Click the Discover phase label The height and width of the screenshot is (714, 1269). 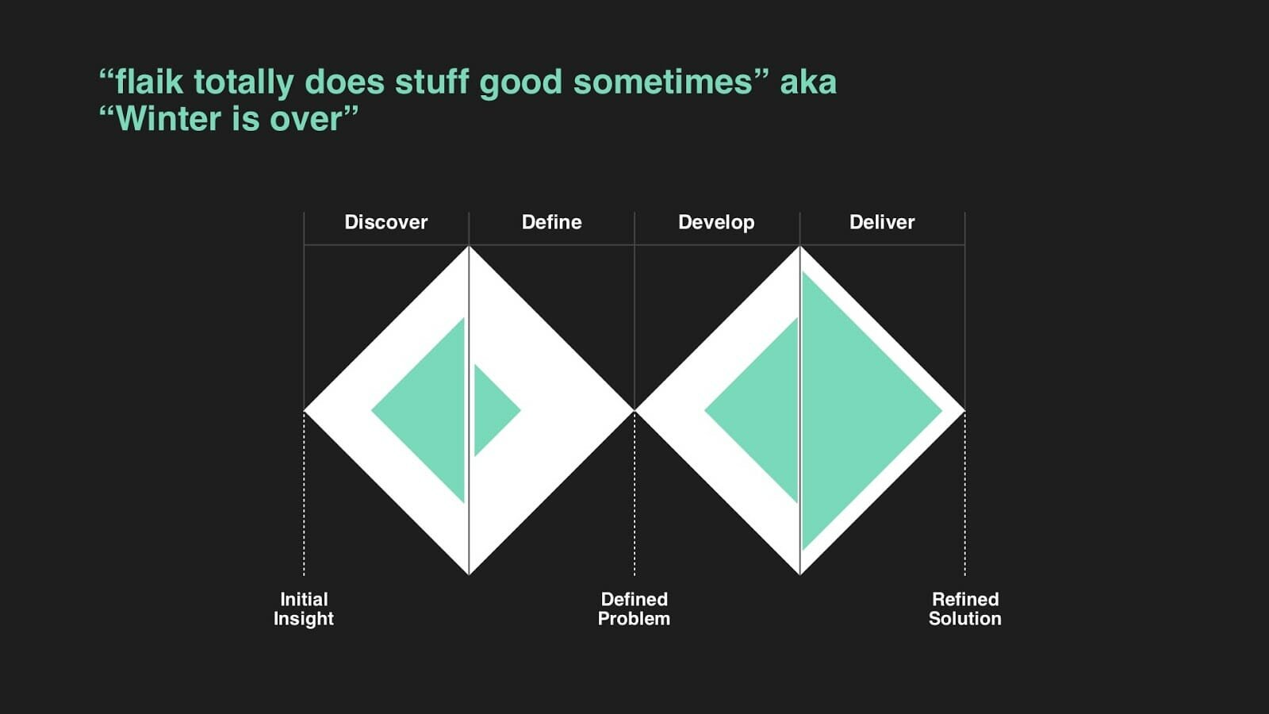click(x=385, y=222)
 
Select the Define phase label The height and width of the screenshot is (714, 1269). click(x=551, y=222)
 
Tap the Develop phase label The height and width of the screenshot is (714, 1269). click(x=716, y=223)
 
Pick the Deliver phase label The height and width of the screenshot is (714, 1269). click(x=881, y=222)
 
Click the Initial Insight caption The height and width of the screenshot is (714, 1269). click(x=304, y=609)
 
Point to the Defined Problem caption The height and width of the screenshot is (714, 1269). click(x=634, y=608)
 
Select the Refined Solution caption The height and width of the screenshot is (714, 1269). click(x=964, y=608)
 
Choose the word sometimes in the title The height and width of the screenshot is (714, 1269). click(x=663, y=83)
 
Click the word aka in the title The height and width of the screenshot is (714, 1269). click(x=808, y=83)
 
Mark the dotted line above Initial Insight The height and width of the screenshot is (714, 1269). click(x=304, y=493)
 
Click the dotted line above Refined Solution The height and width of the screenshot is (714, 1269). click(x=964, y=493)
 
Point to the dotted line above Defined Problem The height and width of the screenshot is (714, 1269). click(x=634, y=493)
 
